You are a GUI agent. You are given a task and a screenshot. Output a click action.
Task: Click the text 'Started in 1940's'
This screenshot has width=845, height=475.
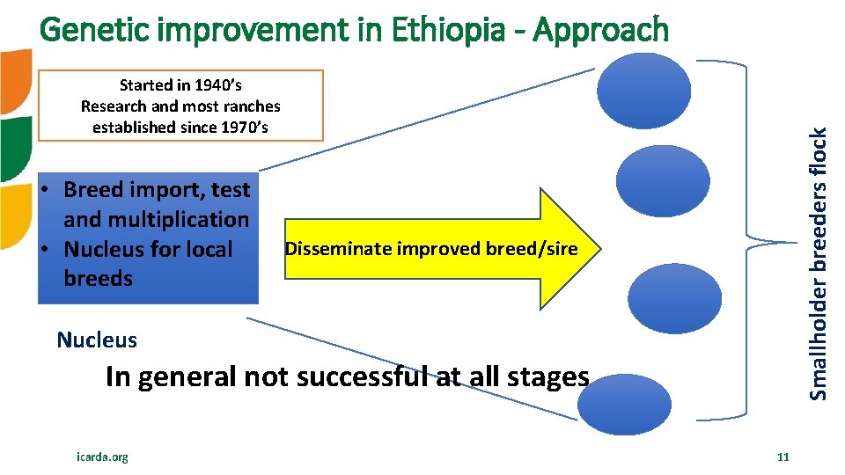click(x=180, y=85)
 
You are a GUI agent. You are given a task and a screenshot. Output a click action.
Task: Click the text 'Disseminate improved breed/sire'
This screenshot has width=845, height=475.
click(x=430, y=249)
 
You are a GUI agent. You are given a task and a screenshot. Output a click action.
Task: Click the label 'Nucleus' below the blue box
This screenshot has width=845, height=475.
click(x=97, y=340)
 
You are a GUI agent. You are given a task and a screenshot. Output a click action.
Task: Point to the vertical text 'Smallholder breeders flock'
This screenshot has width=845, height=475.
click(x=818, y=264)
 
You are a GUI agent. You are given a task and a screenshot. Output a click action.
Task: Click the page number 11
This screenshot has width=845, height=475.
click(x=783, y=457)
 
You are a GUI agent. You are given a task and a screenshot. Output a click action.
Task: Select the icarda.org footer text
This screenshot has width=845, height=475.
click(x=102, y=457)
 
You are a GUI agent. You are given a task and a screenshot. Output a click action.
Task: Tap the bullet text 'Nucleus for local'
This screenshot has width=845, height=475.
click(x=148, y=249)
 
